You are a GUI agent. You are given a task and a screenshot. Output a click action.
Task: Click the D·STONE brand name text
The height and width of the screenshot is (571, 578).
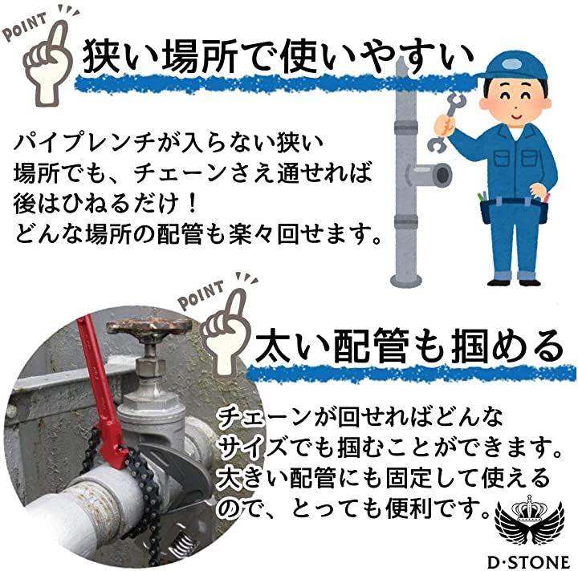pyautogui.click(x=529, y=562)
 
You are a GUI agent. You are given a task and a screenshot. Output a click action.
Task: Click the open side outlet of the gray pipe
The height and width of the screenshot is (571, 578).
pyautogui.click(x=440, y=175)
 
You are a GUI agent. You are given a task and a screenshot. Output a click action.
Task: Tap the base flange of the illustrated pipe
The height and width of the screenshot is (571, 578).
pyautogui.click(x=406, y=281)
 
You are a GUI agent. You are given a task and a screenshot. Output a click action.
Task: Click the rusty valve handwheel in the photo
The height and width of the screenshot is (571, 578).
pyautogui.click(x=149, y=327)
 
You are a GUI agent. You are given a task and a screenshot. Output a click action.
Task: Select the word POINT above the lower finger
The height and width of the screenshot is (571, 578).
pyautogui.click(x=201, y=294)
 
